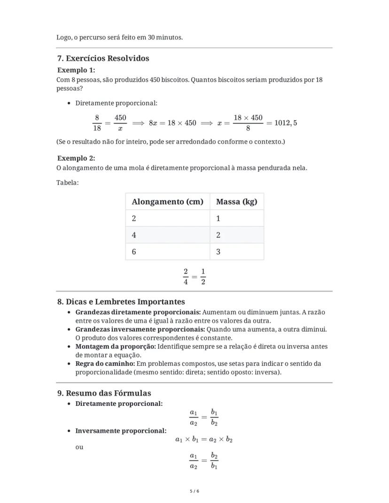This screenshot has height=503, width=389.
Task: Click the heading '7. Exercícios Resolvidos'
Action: coord(103,59)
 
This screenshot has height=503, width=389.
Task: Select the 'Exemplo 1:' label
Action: coord(76,70)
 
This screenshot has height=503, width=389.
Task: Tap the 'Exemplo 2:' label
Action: coord(76,158)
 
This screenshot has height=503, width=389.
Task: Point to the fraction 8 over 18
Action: coord(97,123)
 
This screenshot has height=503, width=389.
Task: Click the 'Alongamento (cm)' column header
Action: coord(167,202)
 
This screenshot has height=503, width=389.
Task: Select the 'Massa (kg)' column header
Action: coord(236,202)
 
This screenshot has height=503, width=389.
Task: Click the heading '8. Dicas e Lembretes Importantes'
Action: coord(121,302)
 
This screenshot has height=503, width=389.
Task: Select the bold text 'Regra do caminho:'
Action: coord(105,364)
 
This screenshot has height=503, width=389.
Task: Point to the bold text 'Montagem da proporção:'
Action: coord(116,347)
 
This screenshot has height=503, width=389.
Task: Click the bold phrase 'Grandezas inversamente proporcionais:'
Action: coord(140,329)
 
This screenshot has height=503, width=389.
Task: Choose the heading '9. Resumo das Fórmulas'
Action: coord(104,393)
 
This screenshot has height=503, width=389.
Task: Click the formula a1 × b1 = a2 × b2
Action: coord(204,440)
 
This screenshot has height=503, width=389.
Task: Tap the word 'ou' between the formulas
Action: coord(79,447)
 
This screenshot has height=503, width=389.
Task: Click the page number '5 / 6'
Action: coord(194,491)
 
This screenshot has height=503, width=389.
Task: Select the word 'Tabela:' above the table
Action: coord(68,182)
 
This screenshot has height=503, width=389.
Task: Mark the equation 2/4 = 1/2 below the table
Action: coord(194,277)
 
